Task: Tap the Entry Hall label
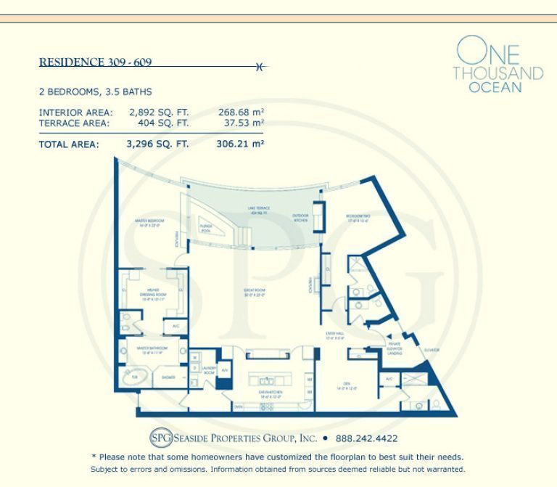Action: click(x=338, y=336)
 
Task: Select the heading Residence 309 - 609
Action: click(x=95, y=62)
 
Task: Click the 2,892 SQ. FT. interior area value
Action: click(x=158, y=112)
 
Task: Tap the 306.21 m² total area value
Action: click(x=239, y=144)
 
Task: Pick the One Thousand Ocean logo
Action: click(x=497, y=65)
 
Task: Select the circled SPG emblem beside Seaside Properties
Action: click(x=160, y=438)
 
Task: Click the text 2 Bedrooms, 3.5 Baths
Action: click(x=95, y=92)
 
